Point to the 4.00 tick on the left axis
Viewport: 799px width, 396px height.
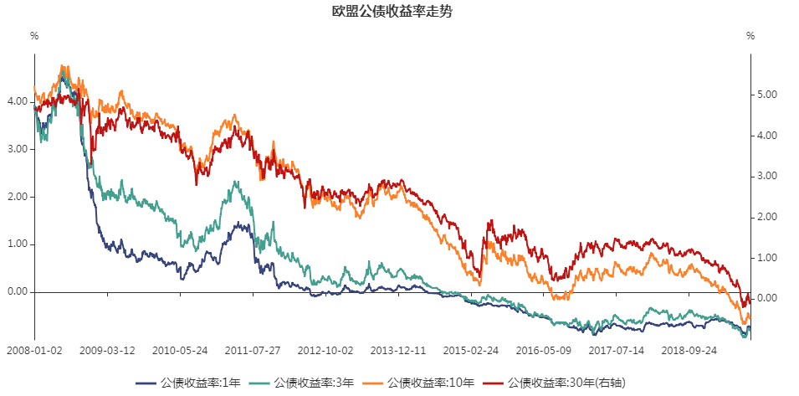click(18, 100)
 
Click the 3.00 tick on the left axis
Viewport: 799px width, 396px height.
click(18, 149)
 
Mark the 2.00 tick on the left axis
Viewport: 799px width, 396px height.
click(18, 197)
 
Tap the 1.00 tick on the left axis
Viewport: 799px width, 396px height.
click(18, 244)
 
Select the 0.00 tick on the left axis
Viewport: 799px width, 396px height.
click(18, 292)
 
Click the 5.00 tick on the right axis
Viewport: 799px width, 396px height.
click(767, 95)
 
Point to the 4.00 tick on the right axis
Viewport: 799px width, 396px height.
click(767, 136)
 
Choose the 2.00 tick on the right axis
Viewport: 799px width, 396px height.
click(767, 217)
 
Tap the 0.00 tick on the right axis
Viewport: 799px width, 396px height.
click(767, 299)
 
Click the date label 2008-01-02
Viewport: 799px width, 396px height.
click(34, 352)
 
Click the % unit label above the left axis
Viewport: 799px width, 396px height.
click(34, 36)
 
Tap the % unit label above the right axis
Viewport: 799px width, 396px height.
click(750, 36)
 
